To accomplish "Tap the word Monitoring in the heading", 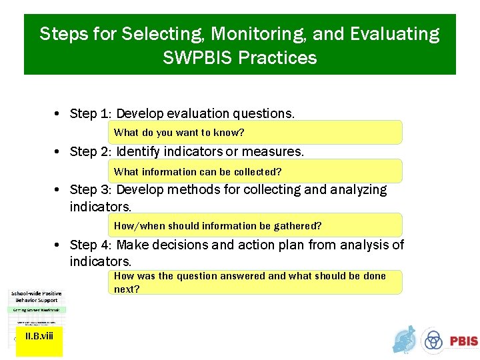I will [x=251, y=34].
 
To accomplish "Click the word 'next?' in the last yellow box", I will [x=127, y=289].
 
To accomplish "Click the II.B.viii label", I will [x=39, y=336].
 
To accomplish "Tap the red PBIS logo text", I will [x=463, y=341].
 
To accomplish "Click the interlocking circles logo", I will [x=434, y=341].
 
